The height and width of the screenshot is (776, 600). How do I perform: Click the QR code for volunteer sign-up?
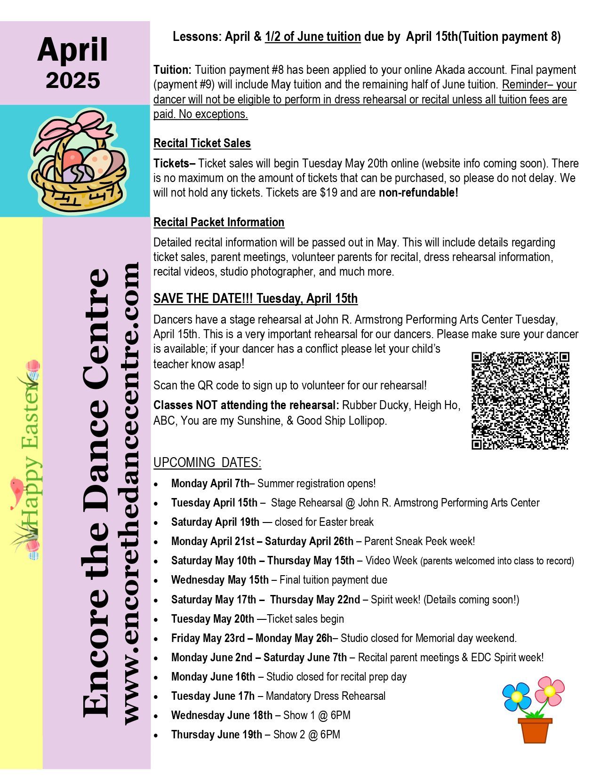click(x=520, y=400)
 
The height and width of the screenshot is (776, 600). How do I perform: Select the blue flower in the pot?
click(x=516, y=697)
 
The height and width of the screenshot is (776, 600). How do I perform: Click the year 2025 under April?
click(x=73, y=80)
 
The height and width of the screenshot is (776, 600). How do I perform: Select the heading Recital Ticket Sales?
click(x=202, y=143)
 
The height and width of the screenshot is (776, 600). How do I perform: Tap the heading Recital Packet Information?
click(x=219, y=222)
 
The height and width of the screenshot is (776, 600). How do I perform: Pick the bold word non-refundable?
click(x=418, y=193)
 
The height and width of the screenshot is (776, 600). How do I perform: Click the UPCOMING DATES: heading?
click(x=207, y=463)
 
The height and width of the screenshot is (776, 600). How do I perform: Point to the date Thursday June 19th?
click(x=216, y=735)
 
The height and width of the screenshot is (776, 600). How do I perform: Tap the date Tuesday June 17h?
click(x=213, y=696)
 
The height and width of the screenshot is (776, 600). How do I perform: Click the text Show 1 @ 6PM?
click(x=317, y=715)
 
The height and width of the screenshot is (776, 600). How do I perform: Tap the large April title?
click(x=73, y=50)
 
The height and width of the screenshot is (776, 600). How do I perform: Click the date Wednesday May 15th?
click(x=220, y=580)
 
